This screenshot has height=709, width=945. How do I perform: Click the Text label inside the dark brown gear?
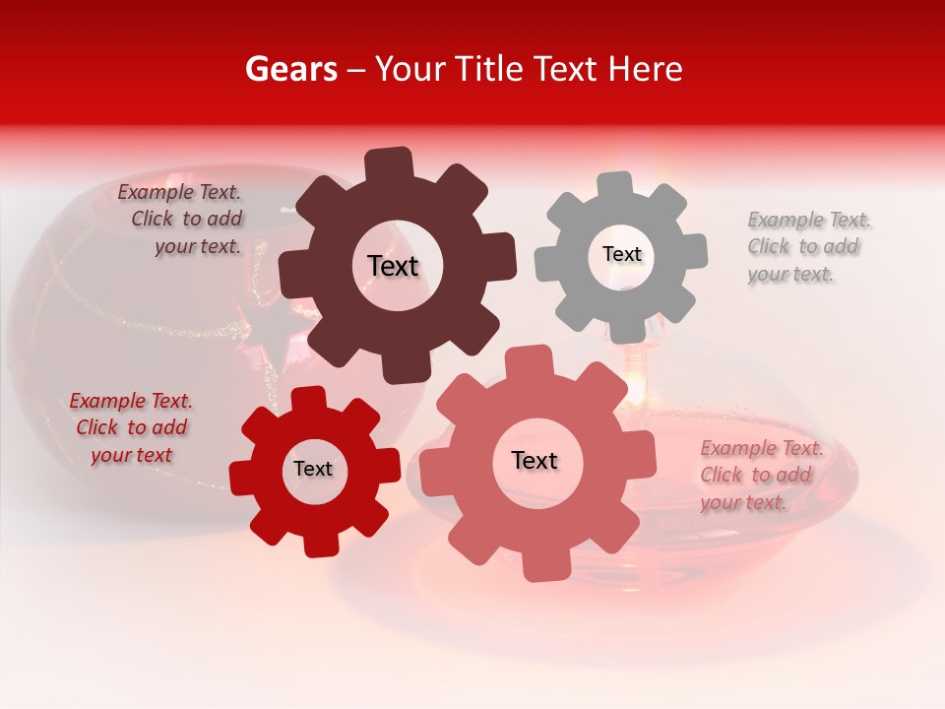[x=393, y=266]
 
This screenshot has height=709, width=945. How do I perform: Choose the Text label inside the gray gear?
[x=621, y=254]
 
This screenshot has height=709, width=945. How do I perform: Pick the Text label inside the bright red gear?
[x=313, y=469]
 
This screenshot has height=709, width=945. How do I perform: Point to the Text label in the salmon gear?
[x=535, y=460]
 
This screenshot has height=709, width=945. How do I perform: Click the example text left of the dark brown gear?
[x=183, y=220]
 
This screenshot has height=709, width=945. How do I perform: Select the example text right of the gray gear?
[x=804, y=246]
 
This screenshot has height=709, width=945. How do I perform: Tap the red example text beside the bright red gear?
[x=131, y=427]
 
